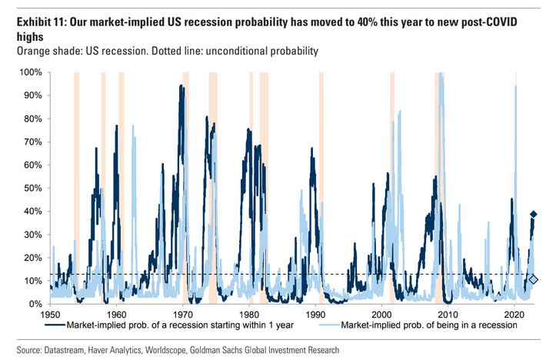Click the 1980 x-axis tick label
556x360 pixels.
(249, 315)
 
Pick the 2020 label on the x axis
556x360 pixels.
(515, 315)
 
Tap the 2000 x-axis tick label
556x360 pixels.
(382, 315)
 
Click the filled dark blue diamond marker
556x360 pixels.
(533, 214)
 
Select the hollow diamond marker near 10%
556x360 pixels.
(534, 279)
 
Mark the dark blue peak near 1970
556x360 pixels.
(180, 86)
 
